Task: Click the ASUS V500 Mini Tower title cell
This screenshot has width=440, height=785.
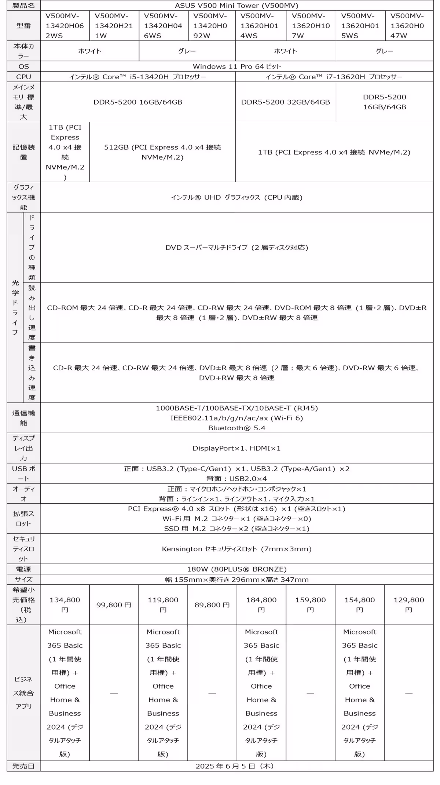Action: coord(236,6)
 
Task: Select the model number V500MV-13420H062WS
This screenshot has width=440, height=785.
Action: coord(65,26)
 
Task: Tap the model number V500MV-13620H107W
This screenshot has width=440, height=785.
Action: coord(311,26)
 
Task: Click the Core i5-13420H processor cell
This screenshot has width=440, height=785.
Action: coord(137,77)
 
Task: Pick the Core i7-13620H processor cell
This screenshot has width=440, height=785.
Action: coord(334,77)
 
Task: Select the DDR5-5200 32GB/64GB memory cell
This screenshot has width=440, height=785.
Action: coord(285,102)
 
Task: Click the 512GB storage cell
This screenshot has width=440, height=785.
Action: coord(162,152)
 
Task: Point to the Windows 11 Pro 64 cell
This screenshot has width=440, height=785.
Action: coord(236,66)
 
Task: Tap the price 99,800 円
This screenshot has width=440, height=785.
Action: coord(114,605)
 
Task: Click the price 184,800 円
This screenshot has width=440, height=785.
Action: coord(261,605)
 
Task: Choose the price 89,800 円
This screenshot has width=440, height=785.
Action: coord(212,605)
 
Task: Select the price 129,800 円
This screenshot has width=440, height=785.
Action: coord(408,605)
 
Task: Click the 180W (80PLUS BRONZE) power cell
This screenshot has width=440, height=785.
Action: coord(236,569)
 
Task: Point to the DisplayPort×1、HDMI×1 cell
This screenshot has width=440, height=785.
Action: coord(236,448)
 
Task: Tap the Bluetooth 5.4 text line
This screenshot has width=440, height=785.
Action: coord(236,428)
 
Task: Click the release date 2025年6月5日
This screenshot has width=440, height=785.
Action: coord(235,766)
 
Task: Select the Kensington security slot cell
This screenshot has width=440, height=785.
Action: coord(236,549)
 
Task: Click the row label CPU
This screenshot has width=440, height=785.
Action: coord(23,77)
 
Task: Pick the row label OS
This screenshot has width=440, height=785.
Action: coord(23,66)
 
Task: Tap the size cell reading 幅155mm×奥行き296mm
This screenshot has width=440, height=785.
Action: coord(236,580)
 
